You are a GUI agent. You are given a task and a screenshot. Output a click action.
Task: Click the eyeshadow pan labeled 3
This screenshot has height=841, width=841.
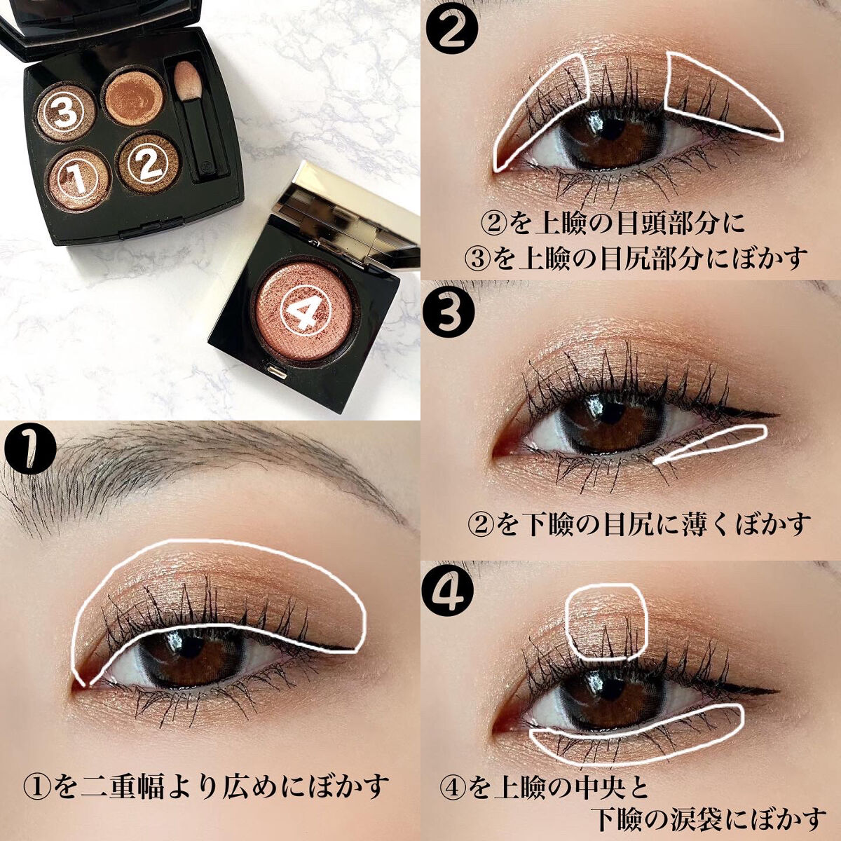[65, 112]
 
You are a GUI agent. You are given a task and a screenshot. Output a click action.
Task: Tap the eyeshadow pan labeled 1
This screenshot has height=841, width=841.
[79, 179]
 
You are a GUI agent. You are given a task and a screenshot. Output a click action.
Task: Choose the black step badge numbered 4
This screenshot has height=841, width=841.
[450, 591]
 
